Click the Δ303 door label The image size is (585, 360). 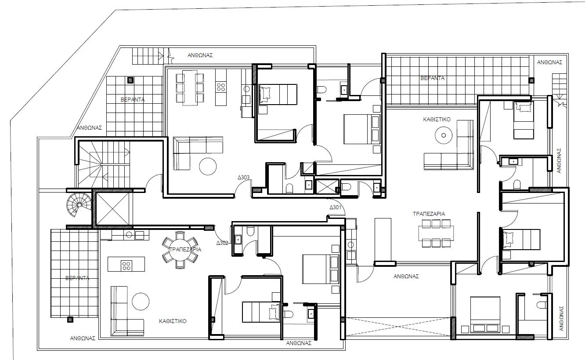[244, 178]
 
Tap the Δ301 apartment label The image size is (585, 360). [336, 207]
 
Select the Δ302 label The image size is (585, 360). [222, 242]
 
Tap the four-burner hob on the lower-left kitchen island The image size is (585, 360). [126, 265]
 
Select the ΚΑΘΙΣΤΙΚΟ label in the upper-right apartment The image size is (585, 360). [437, 119]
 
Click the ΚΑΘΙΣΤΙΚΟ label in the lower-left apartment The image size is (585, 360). [173, 321]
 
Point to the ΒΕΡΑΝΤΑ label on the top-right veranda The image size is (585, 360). [432, 78]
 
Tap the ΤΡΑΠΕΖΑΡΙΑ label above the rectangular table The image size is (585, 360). [429, 214]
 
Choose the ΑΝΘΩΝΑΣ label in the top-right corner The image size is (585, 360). [549, 62]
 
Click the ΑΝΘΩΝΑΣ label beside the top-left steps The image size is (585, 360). [200, 55]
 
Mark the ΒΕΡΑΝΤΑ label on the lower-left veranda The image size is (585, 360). [77, 278]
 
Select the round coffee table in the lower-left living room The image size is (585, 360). [141, 302]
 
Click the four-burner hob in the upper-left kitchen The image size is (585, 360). [220, 87]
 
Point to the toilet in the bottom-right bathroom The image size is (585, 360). [542, 304]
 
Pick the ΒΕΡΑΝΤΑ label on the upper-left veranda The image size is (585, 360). [133, 100]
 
